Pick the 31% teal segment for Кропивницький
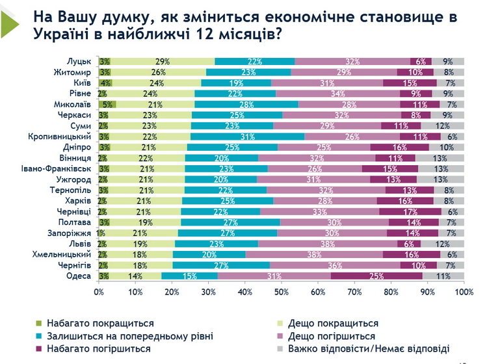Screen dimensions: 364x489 click(x=247, y=136)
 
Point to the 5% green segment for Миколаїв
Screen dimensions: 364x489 click(x=108, y=105)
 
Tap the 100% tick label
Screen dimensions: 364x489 click(x=463, y=292)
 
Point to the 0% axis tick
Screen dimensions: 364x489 click(x=99, y=292)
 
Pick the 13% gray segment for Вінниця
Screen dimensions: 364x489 click(x=439, y=158)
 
